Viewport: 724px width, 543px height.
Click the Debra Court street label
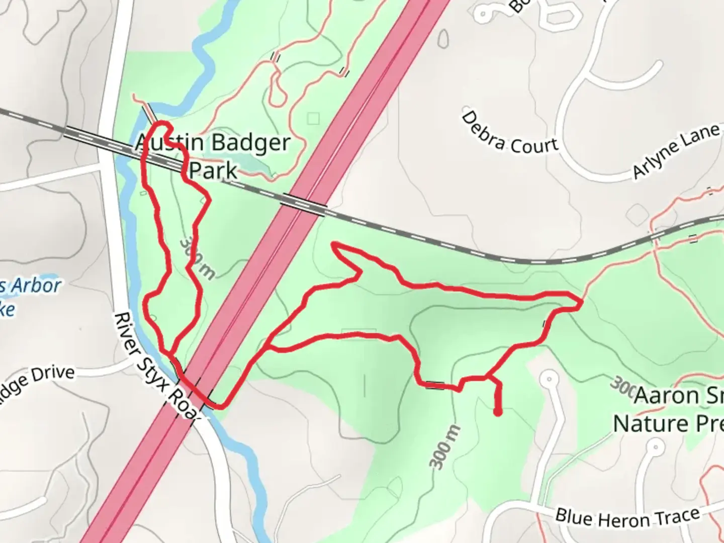point(509,134)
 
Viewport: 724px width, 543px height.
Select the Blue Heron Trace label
point(627,517)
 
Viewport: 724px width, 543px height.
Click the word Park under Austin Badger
point(213,170)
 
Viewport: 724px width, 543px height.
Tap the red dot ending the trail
point(498,413)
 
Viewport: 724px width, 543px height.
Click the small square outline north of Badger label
point(314,119)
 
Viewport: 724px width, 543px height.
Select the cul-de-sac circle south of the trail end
point(550,378)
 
